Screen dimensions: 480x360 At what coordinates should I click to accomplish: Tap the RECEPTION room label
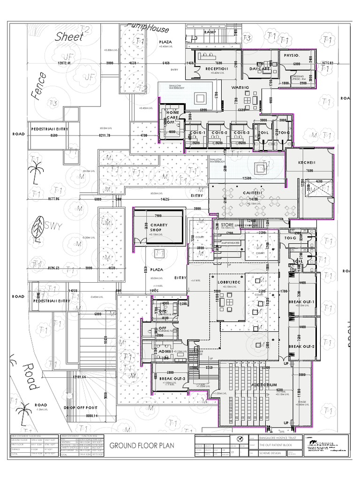pyautogui.click(x=216, y=68)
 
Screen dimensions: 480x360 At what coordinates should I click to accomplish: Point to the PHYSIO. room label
pyautogui.click(x=292, y=55)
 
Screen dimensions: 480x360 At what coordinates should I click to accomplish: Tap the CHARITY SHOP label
pyautogui.click(x=159, y=228)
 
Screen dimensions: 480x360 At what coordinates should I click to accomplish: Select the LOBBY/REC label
pyautogui.click(x=229, y=282)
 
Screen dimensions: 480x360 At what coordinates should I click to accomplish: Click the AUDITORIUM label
pyautogui.click(x=265, y=384)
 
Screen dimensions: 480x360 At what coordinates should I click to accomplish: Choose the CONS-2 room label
pyautogui.click(x=218, y=133)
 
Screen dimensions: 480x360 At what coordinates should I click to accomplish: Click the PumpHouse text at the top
pyautogui.click(x=148, y=29)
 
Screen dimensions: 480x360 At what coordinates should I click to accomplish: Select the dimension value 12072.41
pyautogui.click(x=67, y=63)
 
